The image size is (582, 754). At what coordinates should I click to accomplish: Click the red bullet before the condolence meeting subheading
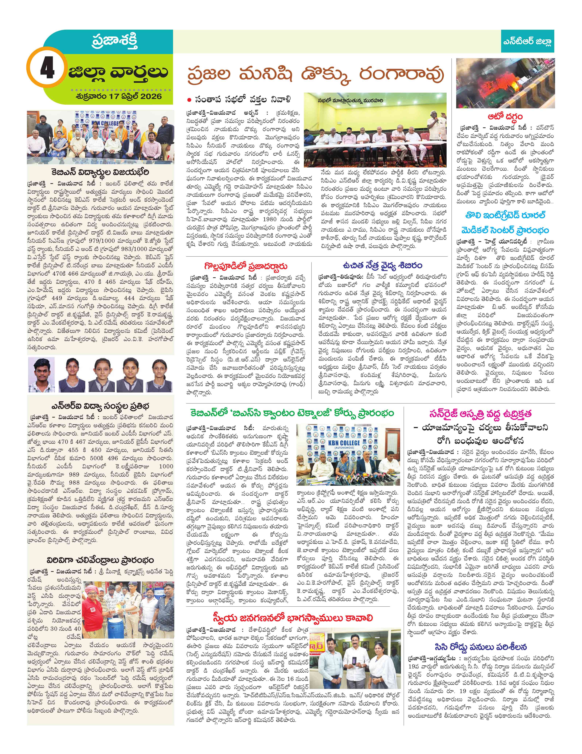[x=189, y=100]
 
